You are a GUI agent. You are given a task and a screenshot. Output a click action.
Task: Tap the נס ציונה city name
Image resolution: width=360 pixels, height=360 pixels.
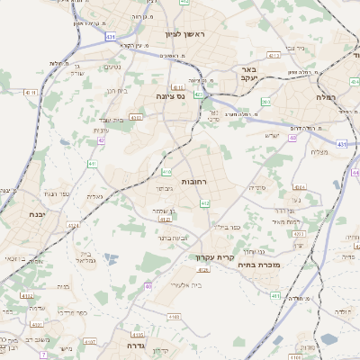(170, 95)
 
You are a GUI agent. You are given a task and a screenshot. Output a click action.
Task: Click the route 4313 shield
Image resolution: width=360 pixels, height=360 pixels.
(274, 55)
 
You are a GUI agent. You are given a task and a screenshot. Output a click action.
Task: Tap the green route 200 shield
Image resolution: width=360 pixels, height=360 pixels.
(265, 103)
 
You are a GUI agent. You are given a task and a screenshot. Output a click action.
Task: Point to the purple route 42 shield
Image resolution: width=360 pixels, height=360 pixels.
(101, 141)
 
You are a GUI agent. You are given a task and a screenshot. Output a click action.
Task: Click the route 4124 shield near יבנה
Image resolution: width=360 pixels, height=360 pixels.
(28, 295)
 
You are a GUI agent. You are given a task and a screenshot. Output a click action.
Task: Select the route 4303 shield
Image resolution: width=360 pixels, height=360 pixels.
(136, 117)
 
